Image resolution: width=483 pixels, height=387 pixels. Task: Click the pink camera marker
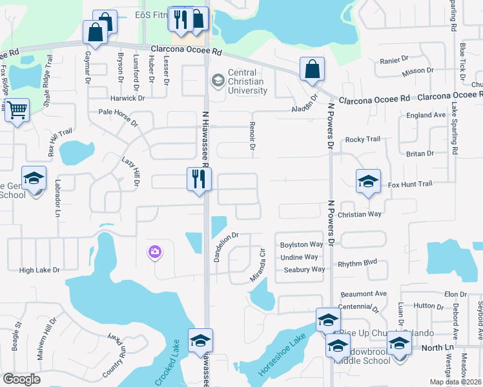tap(155, 253)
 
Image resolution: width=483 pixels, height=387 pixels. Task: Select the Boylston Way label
tap(301, 245)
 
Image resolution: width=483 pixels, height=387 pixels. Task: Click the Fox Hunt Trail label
tap(409, 184)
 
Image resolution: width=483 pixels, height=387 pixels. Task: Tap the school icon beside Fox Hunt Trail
tap(368, 181)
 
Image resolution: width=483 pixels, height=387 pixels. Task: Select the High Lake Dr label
tap(39, 270)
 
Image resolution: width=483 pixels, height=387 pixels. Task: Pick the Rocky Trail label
tap(363, 139)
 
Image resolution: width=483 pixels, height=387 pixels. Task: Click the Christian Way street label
tap(360, 214)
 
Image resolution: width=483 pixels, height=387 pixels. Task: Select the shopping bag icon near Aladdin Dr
tap(312, 70)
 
